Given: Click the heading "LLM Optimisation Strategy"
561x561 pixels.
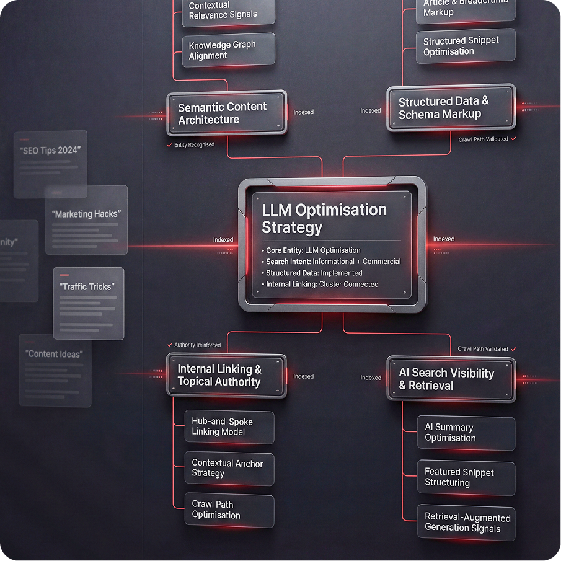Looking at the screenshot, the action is [x=324, y=218].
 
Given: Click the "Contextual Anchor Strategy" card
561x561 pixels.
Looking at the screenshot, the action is [x=229, y=468].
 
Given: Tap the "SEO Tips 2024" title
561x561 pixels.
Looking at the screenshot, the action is [x=50, y=151].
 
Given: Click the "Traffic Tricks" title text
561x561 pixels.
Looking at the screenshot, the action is [x=87, y=287].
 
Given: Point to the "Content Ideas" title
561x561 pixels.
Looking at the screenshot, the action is [x=54, y=354].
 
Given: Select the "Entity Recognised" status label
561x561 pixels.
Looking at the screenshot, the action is [x=194, y=145].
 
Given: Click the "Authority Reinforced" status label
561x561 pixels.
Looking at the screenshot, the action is [x=197, y=345].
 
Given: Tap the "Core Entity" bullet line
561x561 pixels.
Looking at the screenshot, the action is [x=313, y=250].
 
